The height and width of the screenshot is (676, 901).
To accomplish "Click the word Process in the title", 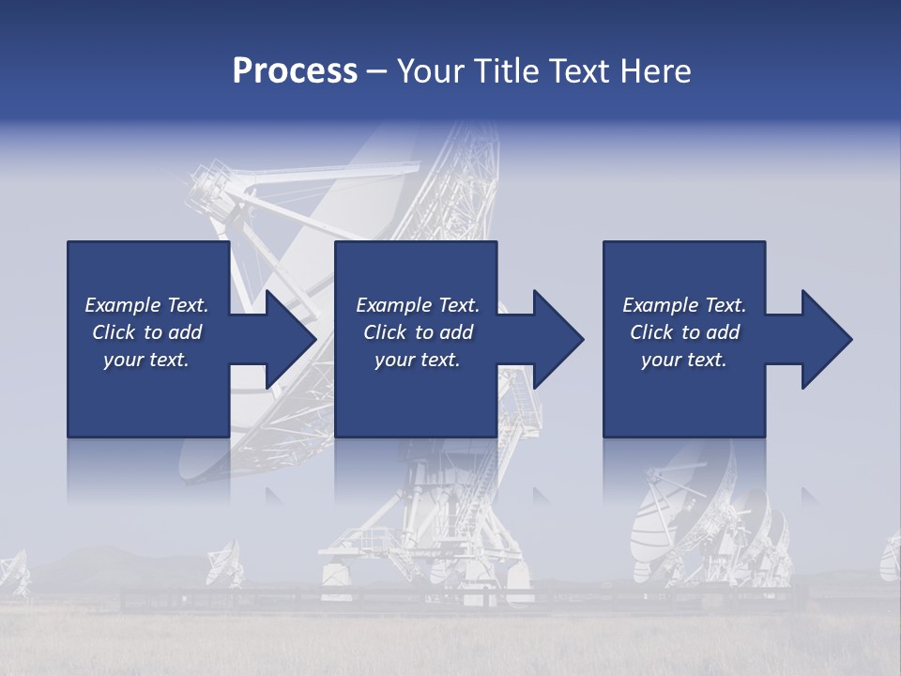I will click(x=295, y=71).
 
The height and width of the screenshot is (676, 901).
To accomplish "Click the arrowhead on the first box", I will click(x=291, y=339).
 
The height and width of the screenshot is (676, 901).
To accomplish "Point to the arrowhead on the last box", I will click(x=826, y=339).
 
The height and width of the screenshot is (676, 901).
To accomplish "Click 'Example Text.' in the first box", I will click(x=146, y=305).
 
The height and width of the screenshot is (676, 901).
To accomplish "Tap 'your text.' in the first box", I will click(x=146, y=360).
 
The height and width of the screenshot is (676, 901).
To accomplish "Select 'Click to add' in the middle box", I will click(x=418, y=332).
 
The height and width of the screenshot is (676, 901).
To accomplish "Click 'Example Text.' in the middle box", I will click(x=418, y=305).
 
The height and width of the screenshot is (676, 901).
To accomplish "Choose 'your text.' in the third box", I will click(x=684, y=360).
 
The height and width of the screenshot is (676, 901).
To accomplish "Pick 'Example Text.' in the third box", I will click(x=684, y=305).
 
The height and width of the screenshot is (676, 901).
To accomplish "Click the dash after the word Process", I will click(x=377, y=72).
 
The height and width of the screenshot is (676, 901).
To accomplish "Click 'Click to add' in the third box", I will click(x=684, y=332).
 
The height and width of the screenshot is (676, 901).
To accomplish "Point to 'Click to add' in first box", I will click(x=146, y=332).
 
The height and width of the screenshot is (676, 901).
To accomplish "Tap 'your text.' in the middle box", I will click(x=418, y=360).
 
